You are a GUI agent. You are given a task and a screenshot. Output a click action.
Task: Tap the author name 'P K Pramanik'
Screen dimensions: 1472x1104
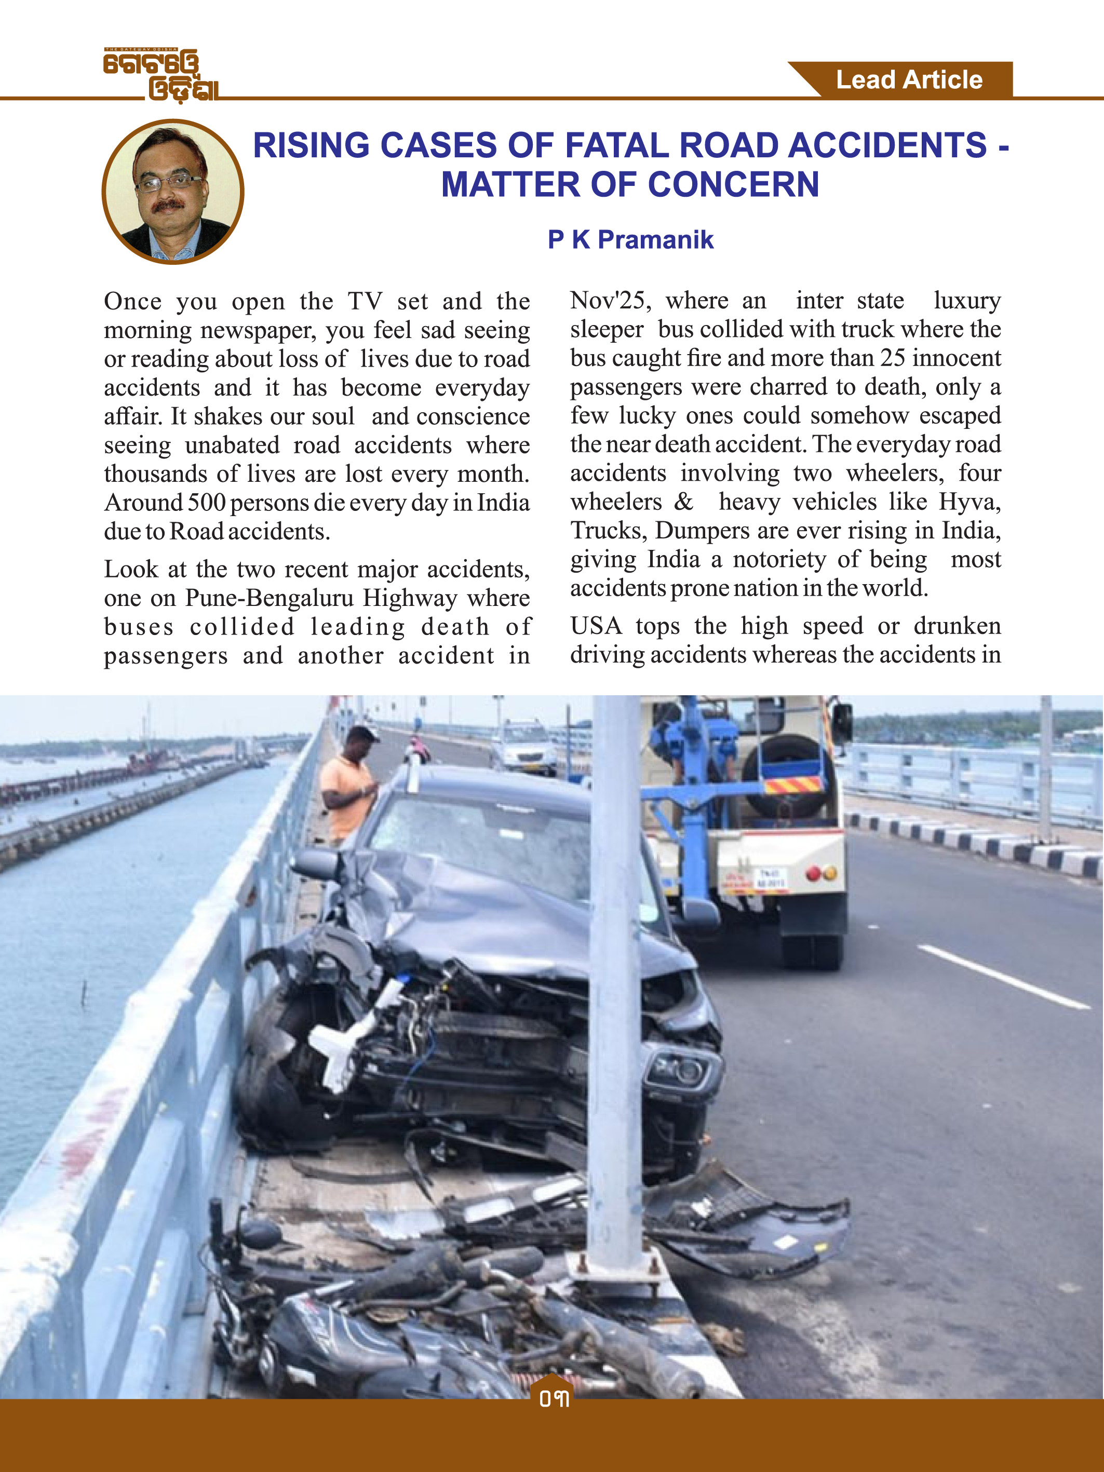[630, 239]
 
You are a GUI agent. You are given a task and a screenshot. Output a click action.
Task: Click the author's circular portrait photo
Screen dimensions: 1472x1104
[173, 192]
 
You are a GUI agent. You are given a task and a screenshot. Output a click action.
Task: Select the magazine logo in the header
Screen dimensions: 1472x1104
[160, 75]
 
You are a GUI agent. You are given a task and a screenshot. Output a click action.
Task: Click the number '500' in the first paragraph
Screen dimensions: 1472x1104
[206, 503]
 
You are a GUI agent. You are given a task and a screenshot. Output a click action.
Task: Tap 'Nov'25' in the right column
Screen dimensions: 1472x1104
[610, 301]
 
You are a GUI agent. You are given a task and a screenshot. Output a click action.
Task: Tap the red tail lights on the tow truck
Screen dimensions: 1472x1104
[820, 873]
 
